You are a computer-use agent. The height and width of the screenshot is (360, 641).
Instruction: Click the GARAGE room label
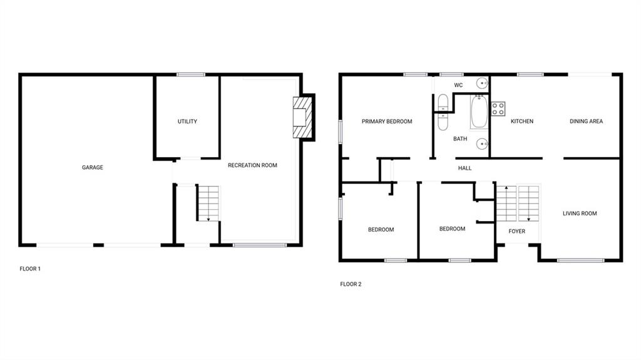93,167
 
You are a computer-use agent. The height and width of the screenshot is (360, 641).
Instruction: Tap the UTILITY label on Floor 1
187,121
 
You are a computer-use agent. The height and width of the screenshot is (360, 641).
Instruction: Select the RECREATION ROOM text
252,165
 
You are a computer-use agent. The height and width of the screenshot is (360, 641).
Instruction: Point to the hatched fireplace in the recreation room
302,118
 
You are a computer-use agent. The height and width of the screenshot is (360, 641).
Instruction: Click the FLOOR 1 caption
30,269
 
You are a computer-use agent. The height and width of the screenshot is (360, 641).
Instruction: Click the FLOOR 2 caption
351,284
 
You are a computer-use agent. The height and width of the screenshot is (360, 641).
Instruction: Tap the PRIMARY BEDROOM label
387,121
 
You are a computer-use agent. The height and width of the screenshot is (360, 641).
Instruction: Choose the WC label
458,85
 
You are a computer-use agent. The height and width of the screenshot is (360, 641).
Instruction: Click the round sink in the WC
483,83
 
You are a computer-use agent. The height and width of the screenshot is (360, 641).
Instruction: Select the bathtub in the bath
479,111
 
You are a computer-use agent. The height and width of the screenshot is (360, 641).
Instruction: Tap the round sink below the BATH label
483,144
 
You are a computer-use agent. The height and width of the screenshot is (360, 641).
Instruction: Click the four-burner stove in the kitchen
498,109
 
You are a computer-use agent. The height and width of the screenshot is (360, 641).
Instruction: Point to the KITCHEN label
522,121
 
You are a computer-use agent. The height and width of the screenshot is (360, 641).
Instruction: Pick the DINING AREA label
586,121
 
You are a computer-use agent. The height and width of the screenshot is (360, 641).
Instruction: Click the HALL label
465,168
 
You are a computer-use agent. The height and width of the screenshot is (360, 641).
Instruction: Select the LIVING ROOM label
580,213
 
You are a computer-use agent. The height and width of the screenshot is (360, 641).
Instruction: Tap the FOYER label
516,232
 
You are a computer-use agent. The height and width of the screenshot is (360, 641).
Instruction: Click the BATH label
460,139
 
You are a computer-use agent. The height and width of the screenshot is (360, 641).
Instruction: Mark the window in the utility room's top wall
191,75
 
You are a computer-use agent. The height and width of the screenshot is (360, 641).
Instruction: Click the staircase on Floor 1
208,203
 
